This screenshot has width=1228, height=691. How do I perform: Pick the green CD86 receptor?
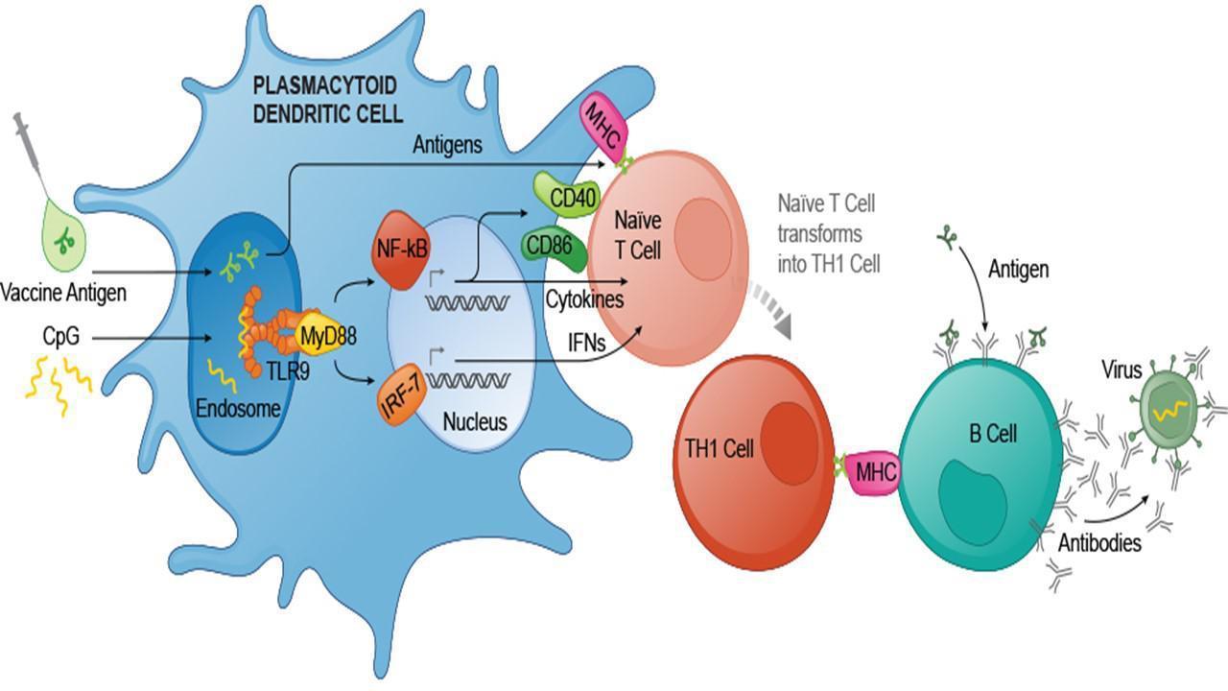point(550,246)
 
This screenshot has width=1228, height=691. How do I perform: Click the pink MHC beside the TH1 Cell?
point(875,471)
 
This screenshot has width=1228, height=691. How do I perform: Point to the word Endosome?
point(237,408)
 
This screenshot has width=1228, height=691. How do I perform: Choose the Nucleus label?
point(475,421)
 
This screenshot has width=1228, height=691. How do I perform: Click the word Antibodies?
point(1099,543)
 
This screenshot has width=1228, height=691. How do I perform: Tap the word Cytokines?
point(585,299)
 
